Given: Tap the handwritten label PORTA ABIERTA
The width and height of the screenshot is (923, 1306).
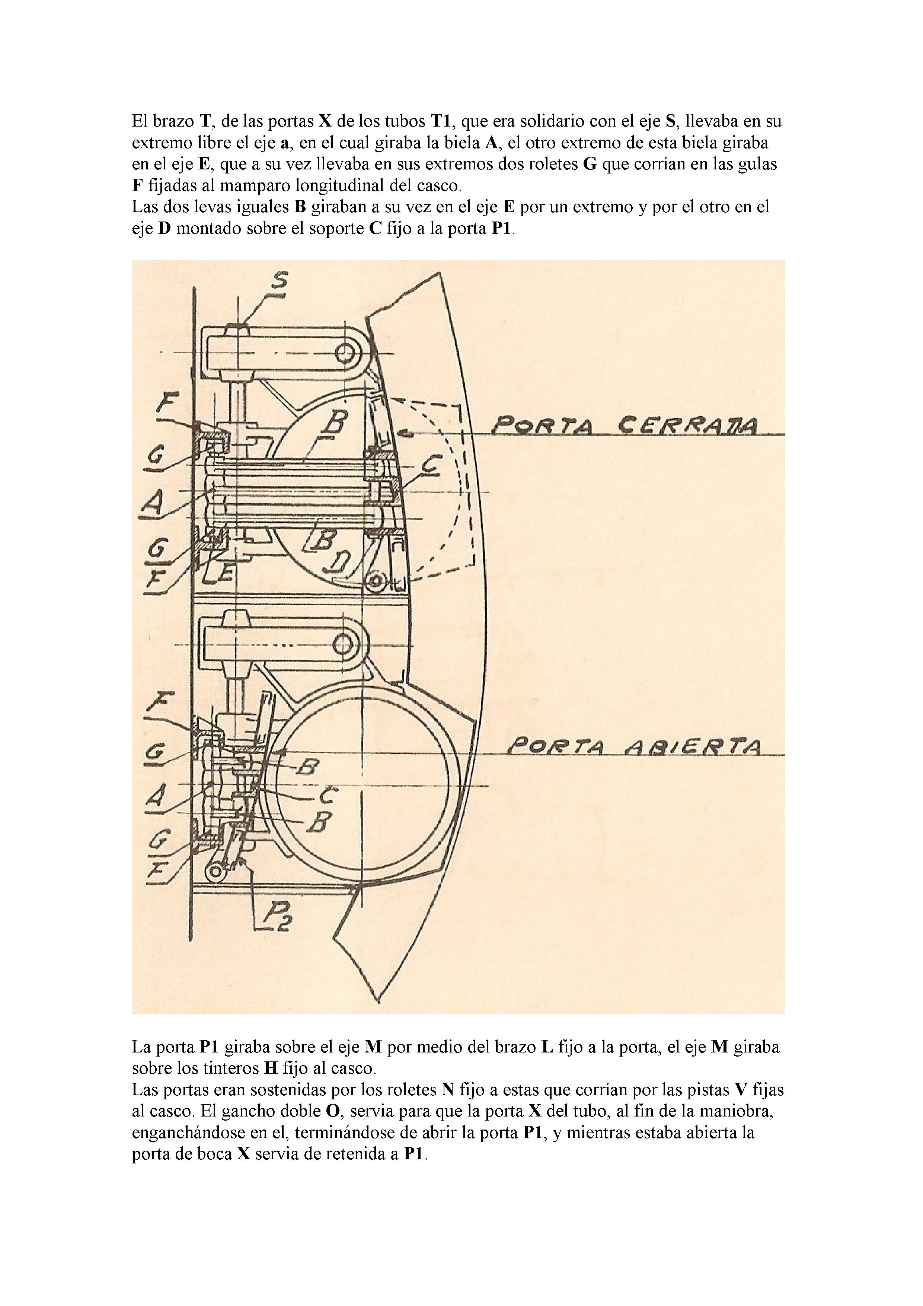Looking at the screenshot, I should click(x=636, y=746).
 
